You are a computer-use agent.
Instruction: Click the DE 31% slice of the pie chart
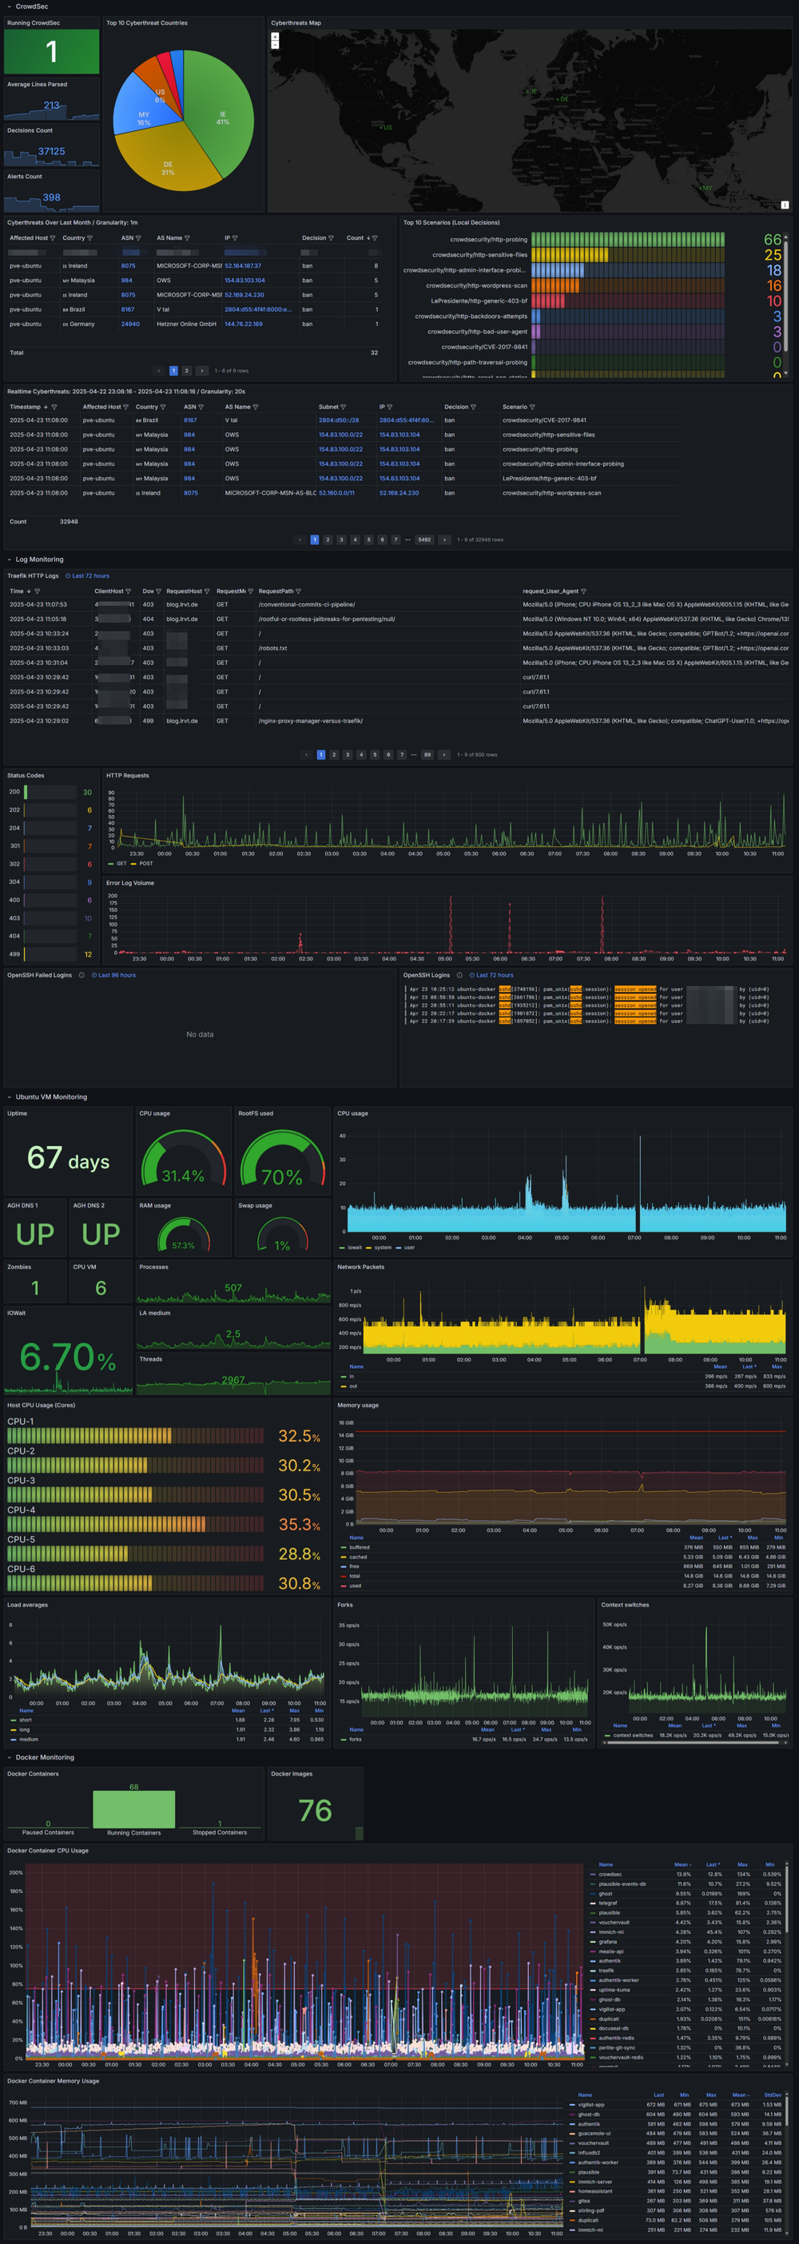tap(168, 165)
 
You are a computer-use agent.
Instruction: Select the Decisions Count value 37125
tap(51, 151)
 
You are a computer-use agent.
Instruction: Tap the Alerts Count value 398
tap(51, 197)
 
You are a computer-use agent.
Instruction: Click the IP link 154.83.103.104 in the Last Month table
tap(244, 280)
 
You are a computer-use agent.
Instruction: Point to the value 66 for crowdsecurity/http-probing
tap(772, 240)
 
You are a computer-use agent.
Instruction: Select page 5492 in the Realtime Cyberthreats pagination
tap(423, 539)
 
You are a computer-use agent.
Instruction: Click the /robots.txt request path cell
tap(272, 648)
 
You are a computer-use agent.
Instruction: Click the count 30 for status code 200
tap(87, 792)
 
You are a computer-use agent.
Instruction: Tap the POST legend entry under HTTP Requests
tap(145, 863)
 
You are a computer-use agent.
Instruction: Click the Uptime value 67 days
tap(68, 1158)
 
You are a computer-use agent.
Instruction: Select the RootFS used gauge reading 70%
tap(281, 1177)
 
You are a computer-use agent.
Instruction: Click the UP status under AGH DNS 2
tap(100, 1235)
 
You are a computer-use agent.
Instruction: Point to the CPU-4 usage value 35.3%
tap(299, 1525)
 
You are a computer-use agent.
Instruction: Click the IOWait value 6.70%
tap(68, 1356)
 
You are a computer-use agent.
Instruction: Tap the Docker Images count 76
tap(315, 1811)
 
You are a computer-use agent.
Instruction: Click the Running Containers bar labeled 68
tap(133, 1808)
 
